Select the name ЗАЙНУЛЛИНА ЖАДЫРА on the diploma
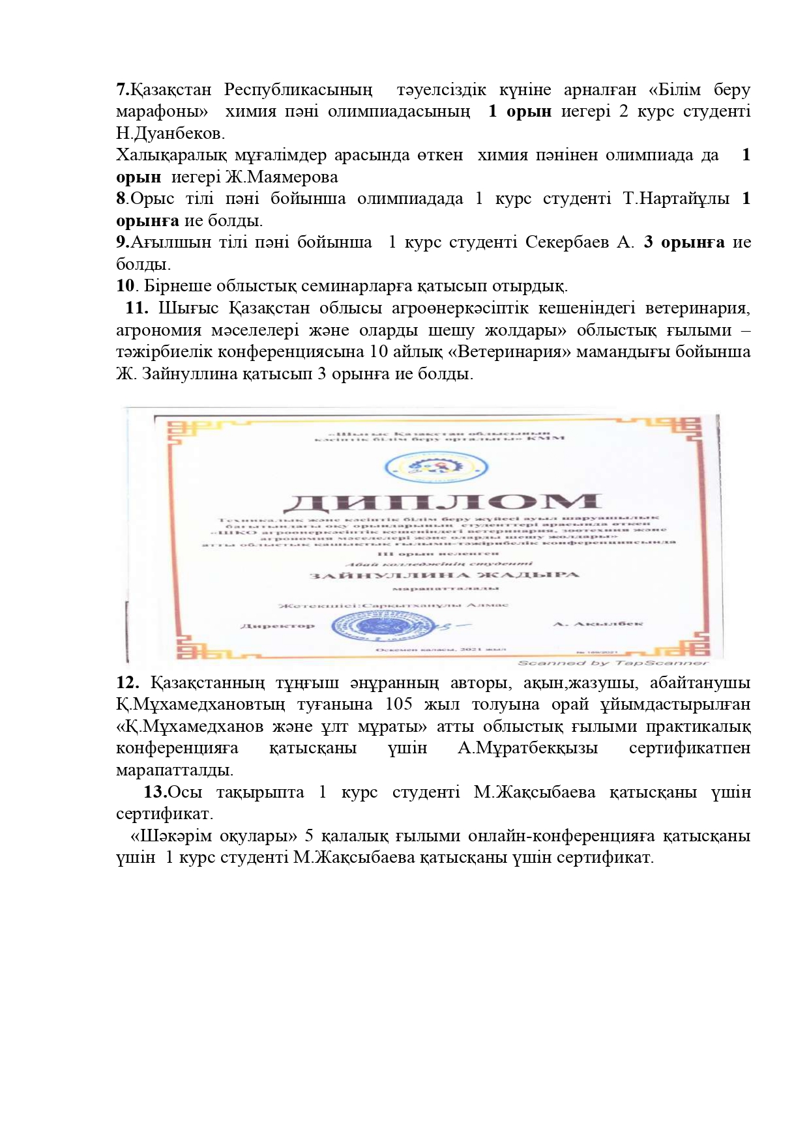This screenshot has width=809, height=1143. pos(445,575)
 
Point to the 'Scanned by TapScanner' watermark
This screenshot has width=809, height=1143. pos(612,663)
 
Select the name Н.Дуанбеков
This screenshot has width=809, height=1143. pos(170,134)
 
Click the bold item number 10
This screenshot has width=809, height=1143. pos(125,285)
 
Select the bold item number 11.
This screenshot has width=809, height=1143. pos(137,308)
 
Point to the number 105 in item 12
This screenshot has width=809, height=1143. pos(398,704)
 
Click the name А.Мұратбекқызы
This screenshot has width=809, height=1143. pos(527,747)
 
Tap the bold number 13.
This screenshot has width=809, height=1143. pos(156,792)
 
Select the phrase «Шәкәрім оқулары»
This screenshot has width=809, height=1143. pos(214,835)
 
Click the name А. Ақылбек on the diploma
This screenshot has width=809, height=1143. pos(598,624)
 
